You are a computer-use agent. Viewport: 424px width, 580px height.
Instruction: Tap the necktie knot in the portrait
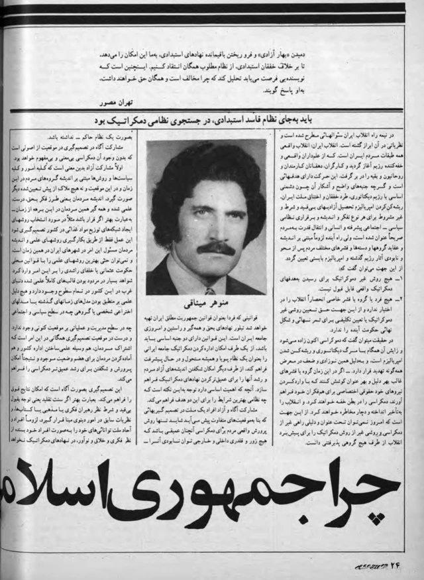[209, 291]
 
